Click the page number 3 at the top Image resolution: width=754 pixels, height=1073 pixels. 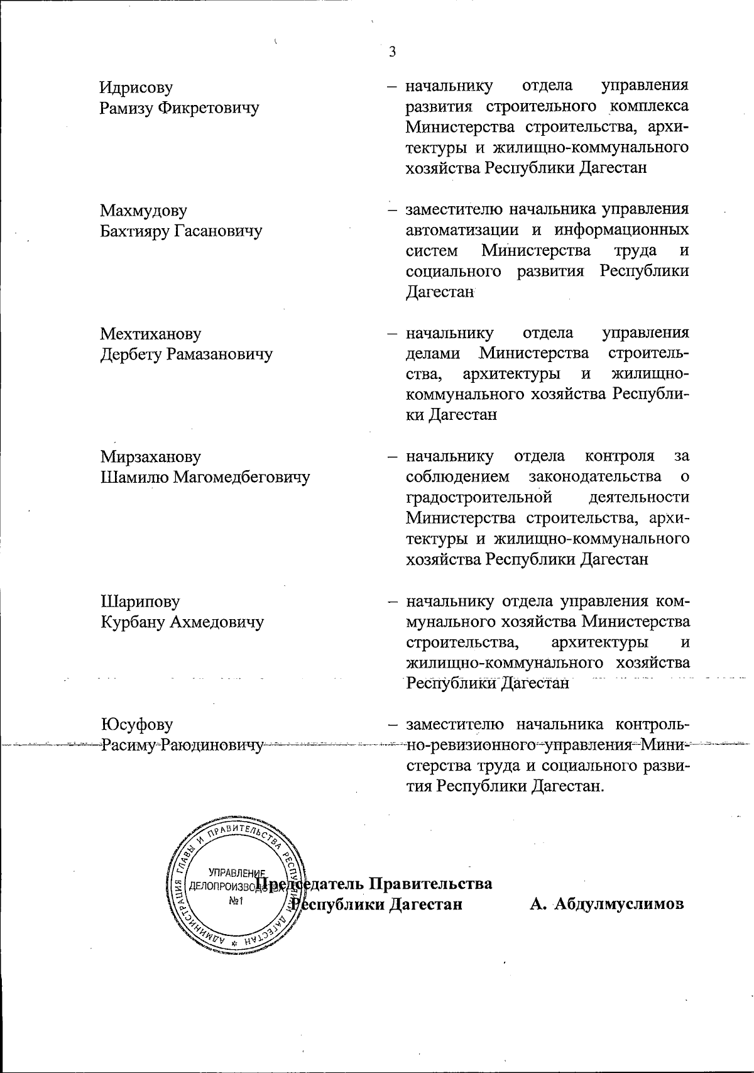coord(392,52)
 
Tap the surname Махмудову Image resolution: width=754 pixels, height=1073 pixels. coord(144,211)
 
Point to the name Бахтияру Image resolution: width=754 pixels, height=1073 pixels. coord(135,231)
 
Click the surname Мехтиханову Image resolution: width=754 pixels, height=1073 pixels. coord(151,334)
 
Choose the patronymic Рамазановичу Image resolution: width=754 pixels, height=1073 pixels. coord(219,355)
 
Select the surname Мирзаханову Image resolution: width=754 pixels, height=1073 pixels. coord(151,457)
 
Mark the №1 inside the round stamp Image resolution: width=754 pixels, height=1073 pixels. coord(236,901)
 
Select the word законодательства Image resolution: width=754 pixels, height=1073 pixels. coord(595,476)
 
